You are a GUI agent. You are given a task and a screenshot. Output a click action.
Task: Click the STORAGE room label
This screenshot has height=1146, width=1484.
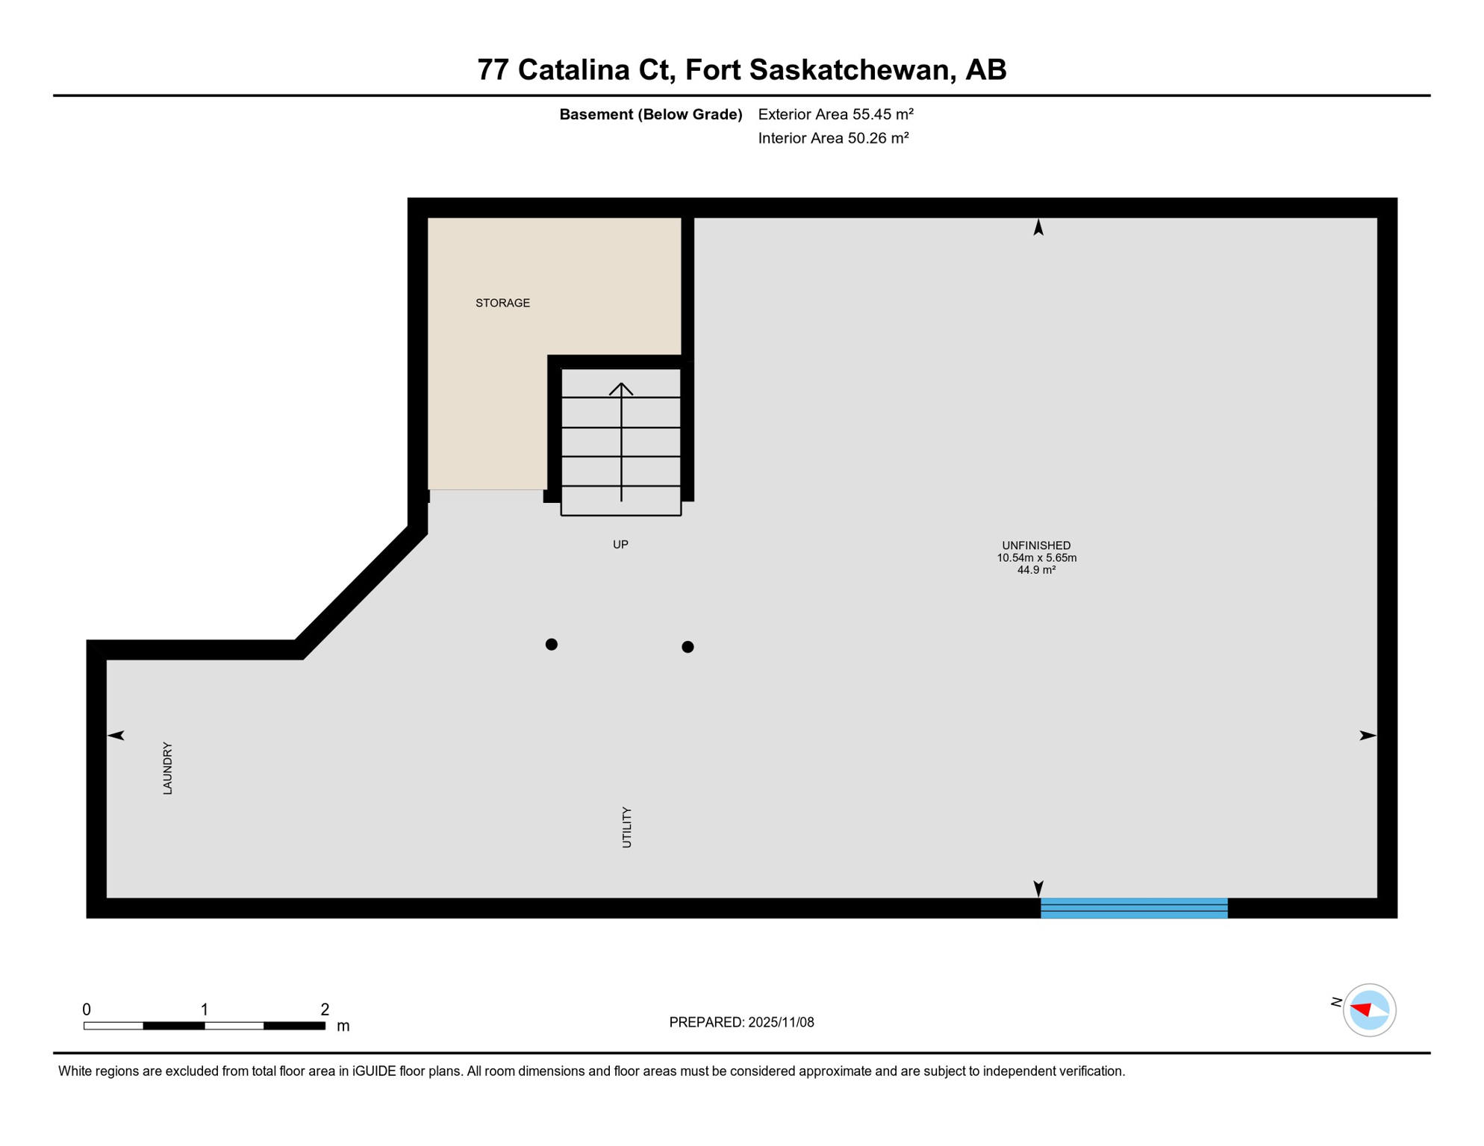click(502, 303)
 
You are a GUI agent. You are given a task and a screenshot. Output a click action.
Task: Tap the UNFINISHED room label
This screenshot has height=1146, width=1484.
click(1036, 545)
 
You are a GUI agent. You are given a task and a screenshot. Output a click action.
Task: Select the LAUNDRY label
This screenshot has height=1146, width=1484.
click(168, 768)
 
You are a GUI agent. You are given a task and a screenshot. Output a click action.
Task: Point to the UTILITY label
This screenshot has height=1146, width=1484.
click(627, 827)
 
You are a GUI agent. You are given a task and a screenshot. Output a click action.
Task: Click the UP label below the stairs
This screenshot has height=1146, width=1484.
click(620, 545)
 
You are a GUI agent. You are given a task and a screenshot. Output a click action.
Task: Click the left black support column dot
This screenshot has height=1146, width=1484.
click(552, 644)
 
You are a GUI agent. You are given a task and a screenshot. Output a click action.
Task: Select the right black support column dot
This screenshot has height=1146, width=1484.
click(688, 647)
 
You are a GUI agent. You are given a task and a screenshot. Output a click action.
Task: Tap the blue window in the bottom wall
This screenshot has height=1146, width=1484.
click(1134, 908)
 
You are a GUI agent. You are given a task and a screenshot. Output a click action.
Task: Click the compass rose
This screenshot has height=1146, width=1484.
click(1369, 1010)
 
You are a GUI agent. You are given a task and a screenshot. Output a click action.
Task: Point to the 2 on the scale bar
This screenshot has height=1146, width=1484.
click(325, 1009)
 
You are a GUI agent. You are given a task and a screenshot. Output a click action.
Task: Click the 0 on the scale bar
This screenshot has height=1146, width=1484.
click(87, 1009)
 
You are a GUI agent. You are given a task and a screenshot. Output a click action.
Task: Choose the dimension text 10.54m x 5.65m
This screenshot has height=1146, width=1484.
click(1036, 558)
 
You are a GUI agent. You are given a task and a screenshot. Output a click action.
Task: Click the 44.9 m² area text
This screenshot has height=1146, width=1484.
click(1036, 570)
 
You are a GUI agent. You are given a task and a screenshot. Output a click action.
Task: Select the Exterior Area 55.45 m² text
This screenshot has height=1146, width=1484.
click(835, 114)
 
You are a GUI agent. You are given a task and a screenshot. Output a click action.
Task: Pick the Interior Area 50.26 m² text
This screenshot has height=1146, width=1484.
click(833, 138)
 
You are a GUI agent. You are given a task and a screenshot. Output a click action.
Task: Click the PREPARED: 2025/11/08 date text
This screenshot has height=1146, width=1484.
click(741, 1022)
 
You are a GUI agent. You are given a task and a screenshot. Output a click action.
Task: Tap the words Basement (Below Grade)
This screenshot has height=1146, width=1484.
click(651, 114)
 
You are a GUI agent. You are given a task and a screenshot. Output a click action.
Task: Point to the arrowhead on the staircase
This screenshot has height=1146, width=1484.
click(621, 388)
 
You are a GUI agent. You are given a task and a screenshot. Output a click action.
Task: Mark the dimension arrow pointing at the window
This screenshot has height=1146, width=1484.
click(1038, 888)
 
